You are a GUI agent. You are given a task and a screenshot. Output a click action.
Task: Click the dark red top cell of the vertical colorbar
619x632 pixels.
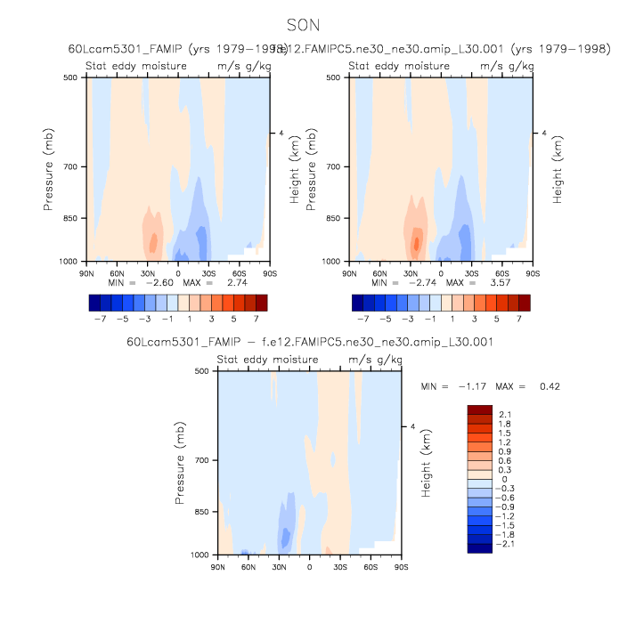[479, 409]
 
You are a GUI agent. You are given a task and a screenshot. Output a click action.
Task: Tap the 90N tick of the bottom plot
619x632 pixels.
[218, 565]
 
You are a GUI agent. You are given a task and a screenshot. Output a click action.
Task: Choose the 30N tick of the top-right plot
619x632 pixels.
[411, 271]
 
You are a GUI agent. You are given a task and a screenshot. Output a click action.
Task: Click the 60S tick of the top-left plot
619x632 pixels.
[239, 271]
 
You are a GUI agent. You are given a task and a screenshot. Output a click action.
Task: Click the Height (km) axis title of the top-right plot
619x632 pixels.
[558, 169]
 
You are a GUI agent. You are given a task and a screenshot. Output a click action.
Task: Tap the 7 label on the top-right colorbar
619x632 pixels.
[518, 317]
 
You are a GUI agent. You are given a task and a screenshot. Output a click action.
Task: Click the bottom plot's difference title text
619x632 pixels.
[309, 342]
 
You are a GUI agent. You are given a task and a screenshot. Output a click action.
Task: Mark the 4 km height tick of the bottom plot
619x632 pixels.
[411, 427]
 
